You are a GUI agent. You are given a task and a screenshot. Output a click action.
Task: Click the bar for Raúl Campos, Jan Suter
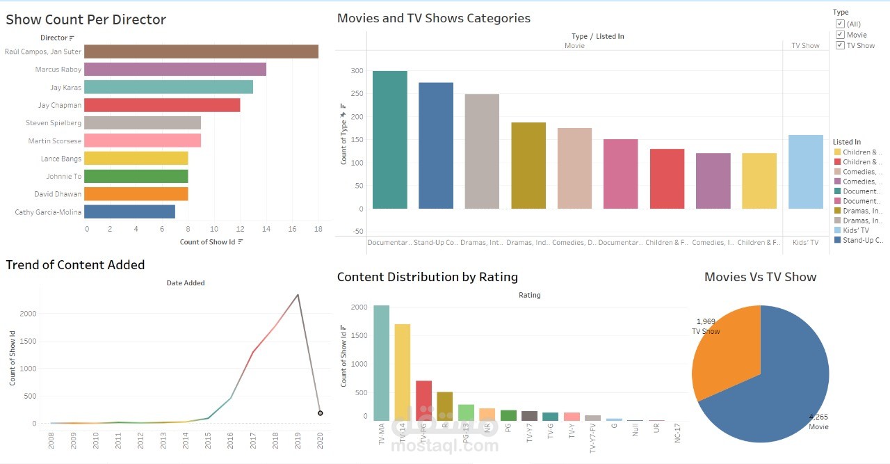pyautogui.click(x=202, y=51)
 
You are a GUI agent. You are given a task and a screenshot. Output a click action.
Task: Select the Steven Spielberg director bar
pyautogui.click(x=143, y=123)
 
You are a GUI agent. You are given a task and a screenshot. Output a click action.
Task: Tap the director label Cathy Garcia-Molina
pyautogui.click(x=48, y=212)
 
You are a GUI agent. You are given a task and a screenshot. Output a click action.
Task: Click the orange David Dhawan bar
pyautogui.click(x=137, y=194)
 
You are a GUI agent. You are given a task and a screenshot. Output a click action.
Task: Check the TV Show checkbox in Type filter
pyautogui.click(x=841, y=45)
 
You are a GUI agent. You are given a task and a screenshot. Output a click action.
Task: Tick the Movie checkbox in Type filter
pyautogui.click(x=841, y=35)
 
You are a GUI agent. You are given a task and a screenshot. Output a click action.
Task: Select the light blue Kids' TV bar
pyautogui.click(x=806, y=172)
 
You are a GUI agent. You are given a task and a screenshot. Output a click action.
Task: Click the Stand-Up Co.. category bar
pyautogui.click(x=436, y=145)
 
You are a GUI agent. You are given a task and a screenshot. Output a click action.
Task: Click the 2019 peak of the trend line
pyautogui.click(x=298, y=294)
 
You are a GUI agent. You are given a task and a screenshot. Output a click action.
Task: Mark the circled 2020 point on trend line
pyautogui.click(x=320, y=413)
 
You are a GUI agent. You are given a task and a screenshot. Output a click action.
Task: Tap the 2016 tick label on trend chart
pyautogui.click(x=231, y=440)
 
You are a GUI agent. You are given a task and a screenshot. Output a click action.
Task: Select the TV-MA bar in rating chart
pyautogui.click(x=382, y=362)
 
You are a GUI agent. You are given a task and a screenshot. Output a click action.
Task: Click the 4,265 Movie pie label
pyautogui.click(x=818, y=422)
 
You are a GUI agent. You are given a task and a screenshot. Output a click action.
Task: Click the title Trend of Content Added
pyautogui.click(x=75, y=265)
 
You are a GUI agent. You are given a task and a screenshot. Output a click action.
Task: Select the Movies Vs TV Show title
pyautogui.click(x=760, y=277)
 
